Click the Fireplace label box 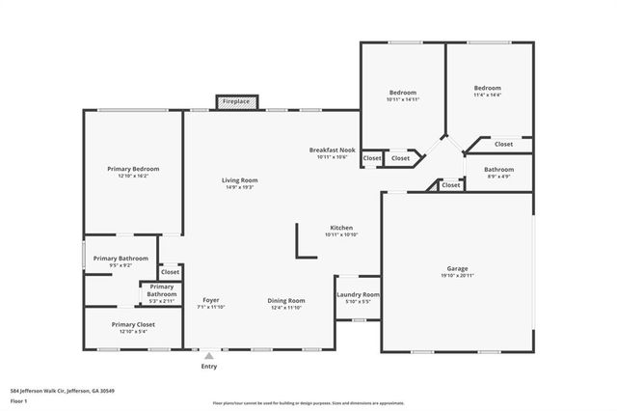pyautogui.click(x=236, y=101)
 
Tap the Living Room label pyautogui.click(x=239, y=180)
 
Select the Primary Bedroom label pyautogui.click(x=133, y=169)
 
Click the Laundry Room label pyautogui.click(x=358, y=294)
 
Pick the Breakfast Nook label pyautogui.click(x=332, y=150)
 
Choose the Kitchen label pyautogui.click(x=341, y=227)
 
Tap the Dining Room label pyautogui.click(x=286, y=300)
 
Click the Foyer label pyautogui.click(x=210, y=300)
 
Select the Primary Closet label pyautogui.click(x=133, y=324)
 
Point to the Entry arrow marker pyautogui.click(x=209, y=354)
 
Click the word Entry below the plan pyautogui.click(x=209, y=367)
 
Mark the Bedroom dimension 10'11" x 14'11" pyautogui.click(x=403, y=99)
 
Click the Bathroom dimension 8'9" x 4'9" pyautogui.click(x=498, y=177)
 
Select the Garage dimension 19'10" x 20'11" pyautogui.click(x=456, y=276)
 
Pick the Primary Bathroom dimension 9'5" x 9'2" pyautogui.click(x=121, y=265)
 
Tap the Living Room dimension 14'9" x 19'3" pyautogui.click(x=239, y=187)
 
